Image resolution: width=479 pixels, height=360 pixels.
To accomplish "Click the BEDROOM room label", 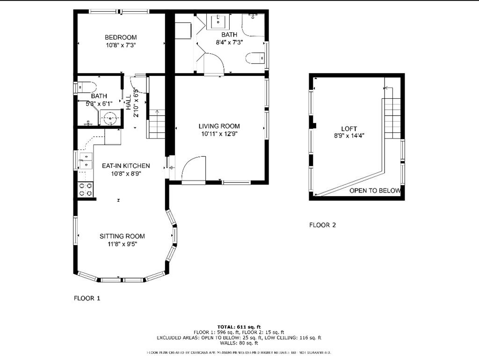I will pyautogui.click(x=121, y=37).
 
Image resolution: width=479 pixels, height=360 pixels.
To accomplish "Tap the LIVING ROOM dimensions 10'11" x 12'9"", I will pyautogui.click(x=219, y=134).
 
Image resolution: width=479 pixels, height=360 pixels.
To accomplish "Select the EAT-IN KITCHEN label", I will pyautogui.click(x=126, y=166).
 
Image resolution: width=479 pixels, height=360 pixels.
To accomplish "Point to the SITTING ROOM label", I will pyautogui.click(x=122, y=236).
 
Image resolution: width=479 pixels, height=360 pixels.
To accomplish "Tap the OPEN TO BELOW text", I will pyautogui.click(x=375, y=191).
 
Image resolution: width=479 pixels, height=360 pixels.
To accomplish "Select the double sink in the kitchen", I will pyautogui.click(x=86, y=161).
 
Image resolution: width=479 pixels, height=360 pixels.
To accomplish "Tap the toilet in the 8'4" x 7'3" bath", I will pyautogui.click(x=255, y=59).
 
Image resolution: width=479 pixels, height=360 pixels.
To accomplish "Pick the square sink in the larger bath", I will pyautogui.click(x=218, y=22).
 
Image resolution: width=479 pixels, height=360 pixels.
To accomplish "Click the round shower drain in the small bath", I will pyautogui.click(x=110, y=118).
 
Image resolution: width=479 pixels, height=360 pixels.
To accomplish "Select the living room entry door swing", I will pyautogui.click(x=194, y=169).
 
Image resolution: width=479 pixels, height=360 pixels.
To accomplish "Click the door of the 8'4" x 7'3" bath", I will pyautogui.click(x=213, y=64).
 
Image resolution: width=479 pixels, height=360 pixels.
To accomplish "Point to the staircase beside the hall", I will pyautogui.click(x=156, y=124).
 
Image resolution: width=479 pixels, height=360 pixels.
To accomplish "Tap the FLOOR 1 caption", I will pyautogui.click(x=87, y=298).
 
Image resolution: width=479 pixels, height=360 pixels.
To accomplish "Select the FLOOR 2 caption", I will pyautogui.click(x=322, y=225).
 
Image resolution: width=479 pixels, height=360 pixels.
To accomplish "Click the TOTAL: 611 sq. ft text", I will pyautogui.click(x=239, y=326).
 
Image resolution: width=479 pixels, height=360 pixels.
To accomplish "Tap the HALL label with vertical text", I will pyautogui.click(x=128, y=102).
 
